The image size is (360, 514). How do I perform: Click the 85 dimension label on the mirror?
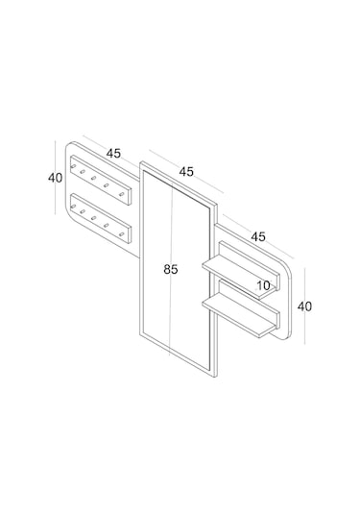(171, 269)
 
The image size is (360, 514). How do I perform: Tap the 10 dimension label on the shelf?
(263, 285)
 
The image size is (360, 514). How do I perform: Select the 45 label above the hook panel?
(113, 153)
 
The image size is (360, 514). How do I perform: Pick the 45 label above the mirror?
(186, 171)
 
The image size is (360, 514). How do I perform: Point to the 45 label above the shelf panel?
(258, 236)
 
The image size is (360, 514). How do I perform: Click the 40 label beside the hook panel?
(55, 178)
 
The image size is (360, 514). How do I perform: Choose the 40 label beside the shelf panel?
(304, 306)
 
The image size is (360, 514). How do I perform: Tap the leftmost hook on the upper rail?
(73, 166)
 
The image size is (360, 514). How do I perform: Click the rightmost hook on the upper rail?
(122, 194)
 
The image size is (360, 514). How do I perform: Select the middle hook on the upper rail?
(94, 179)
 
